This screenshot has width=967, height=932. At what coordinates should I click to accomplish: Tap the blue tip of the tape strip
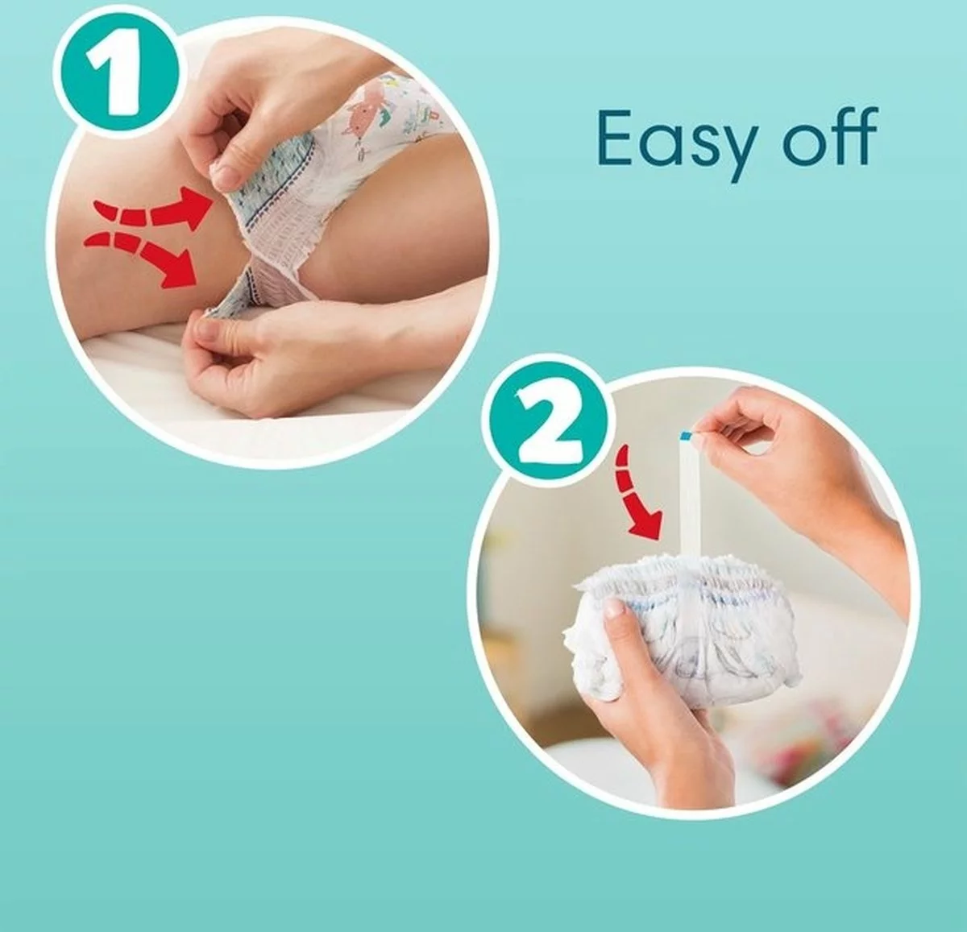coord(685,435)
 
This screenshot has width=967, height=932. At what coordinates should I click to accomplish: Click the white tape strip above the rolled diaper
coord(690,499)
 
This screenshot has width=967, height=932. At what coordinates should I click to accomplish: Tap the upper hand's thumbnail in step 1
coord(225,171)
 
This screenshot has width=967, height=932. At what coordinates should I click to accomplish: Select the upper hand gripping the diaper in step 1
coord(258,121)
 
